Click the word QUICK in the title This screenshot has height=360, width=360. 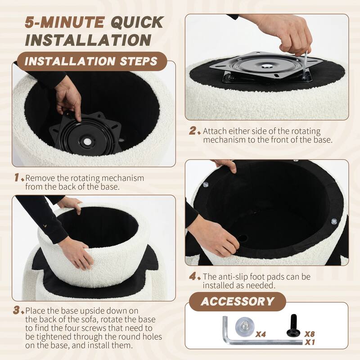(137, 22)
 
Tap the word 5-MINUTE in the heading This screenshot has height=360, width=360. (64, 22)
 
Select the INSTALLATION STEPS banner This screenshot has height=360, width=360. (91, 61)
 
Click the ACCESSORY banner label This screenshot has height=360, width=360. (238, 301)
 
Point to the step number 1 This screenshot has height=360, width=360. (17, 177)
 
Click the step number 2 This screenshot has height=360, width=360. (193, 130)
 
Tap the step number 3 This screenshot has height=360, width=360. (17, 310)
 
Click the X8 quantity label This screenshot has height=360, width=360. (309, 334)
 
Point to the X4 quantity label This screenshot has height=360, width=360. (261, 334)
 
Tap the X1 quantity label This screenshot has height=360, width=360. (310, 342)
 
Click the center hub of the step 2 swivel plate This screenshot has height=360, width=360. (266, 66)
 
